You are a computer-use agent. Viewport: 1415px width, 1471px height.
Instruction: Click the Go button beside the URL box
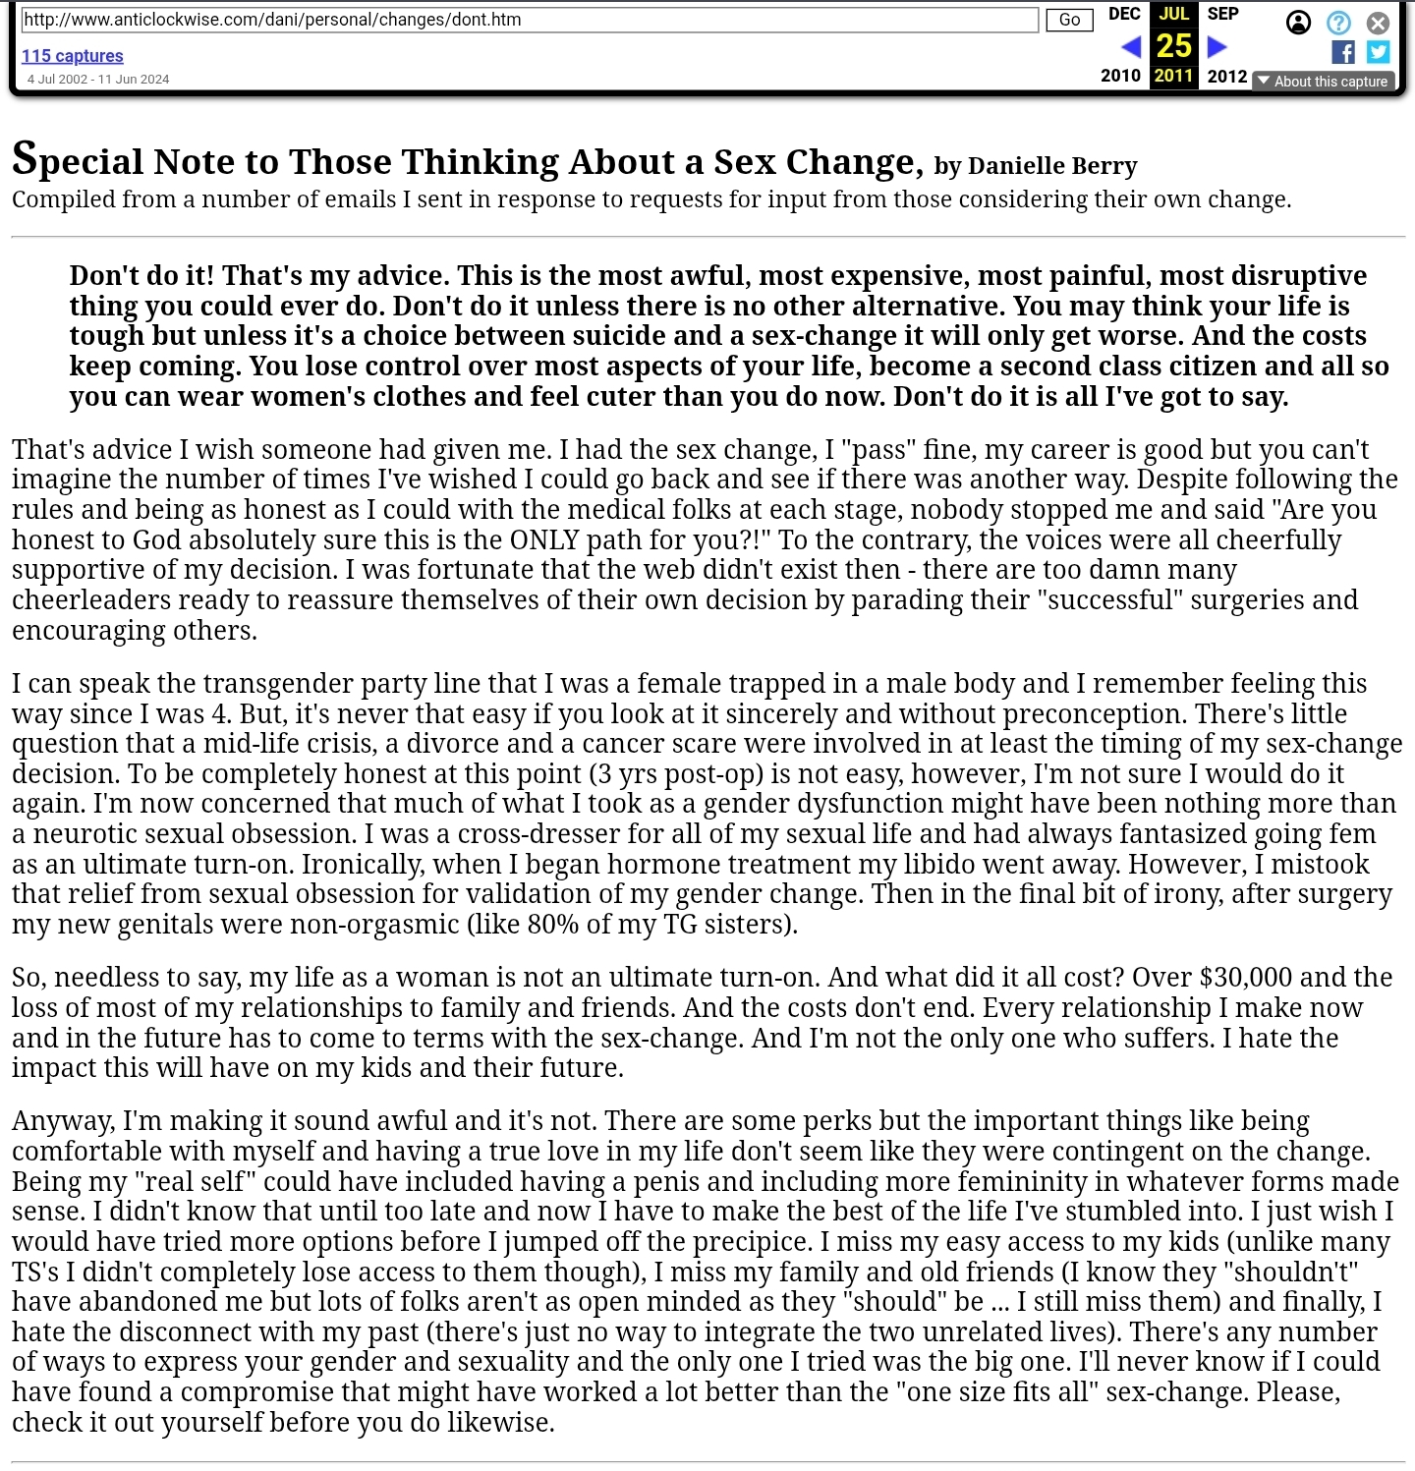pos(1069,20)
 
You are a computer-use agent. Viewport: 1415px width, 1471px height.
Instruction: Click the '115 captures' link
pos(73,56)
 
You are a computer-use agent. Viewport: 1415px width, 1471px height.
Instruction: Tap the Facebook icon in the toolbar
pos(1342,52)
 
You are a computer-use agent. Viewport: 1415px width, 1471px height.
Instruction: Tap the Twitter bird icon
pos(1379,52)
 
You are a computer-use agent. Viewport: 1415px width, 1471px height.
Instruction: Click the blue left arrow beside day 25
pos(1131,46)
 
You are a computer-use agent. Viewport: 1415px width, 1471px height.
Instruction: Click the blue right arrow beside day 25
pos(1217,46)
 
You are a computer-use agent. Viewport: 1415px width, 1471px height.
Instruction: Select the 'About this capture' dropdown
pos(1323,82)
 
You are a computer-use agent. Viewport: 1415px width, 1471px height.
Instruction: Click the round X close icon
pos(1379,23)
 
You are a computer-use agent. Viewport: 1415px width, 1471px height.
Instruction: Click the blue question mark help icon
pos(1338,23)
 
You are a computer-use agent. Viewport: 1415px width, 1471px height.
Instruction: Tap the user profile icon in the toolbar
pos(1298,23)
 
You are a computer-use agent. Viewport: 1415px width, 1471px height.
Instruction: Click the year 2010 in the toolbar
pos(1120,76)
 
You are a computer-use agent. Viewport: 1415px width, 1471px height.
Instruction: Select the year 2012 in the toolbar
pos(1227,76)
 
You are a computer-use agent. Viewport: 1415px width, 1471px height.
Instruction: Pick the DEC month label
pos(1124,14)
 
